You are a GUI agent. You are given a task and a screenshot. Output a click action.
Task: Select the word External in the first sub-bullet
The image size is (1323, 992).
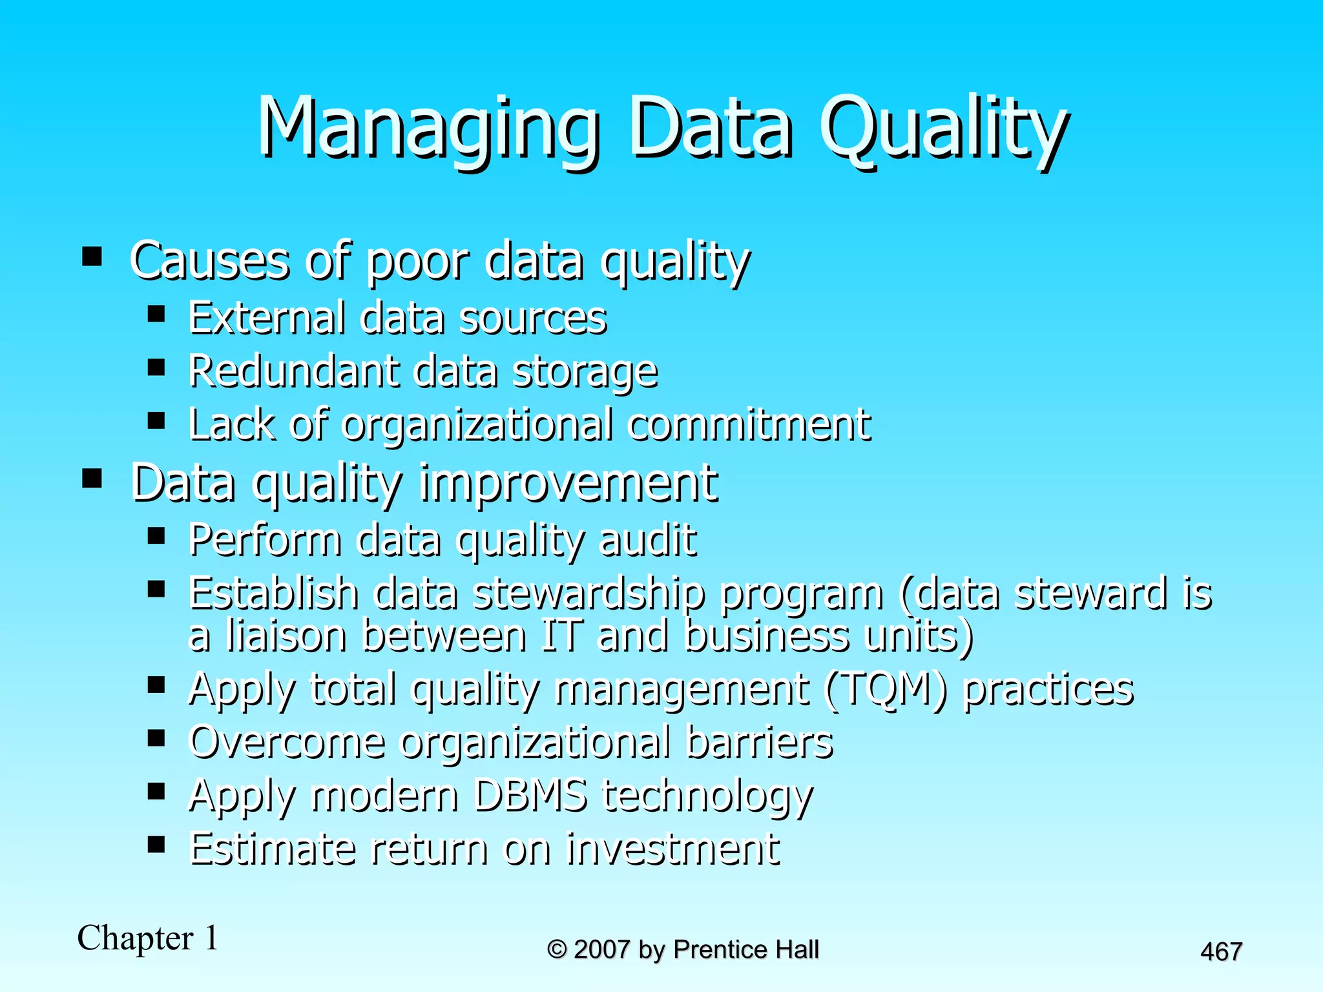[x=266, y=318]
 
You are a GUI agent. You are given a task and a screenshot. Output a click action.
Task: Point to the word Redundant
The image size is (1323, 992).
[x=293, y=371]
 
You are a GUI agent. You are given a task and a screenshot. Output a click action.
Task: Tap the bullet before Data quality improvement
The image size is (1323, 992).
[x=92, y=479]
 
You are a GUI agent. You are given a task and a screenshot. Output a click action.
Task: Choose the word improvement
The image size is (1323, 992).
[x=568, y=482]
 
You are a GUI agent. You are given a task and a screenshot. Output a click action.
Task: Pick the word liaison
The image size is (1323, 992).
[x=286, y=635]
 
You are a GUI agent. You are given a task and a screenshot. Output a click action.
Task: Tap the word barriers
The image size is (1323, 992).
[x=759, y=742]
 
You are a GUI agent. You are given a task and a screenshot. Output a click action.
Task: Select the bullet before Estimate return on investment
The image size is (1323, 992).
[x=156, y=844]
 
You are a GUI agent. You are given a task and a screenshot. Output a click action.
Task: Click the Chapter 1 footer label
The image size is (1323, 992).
[x=148, y=938]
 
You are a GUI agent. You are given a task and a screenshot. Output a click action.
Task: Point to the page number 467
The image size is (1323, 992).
[x=1221, y=952]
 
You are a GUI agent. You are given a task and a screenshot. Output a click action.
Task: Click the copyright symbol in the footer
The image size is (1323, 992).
[x=557, y=949]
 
